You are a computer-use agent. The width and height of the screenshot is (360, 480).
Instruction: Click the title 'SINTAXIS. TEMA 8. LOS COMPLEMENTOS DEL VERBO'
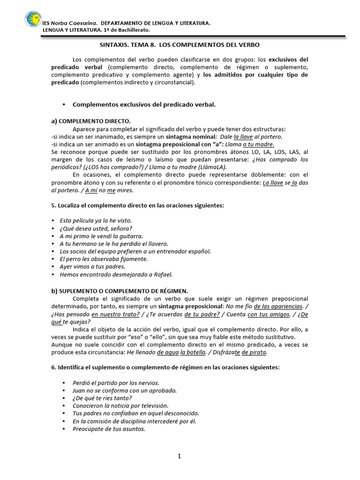pyautogui.click(x=180, y=45)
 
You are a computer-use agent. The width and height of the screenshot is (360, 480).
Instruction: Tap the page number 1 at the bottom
pyautogui.click(x=180, y=457)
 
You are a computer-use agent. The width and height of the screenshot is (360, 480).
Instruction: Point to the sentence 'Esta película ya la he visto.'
pyautogui.click(x=96, y=220)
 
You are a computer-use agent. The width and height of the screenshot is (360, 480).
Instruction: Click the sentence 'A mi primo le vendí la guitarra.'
pyautogui.click(x=101, y=236)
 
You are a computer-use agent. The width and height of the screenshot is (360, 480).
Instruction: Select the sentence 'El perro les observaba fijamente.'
pyautogui.click(x=104, y=259)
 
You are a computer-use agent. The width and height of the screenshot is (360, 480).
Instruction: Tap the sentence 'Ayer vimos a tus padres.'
pyautogui.click(x=92, y=267)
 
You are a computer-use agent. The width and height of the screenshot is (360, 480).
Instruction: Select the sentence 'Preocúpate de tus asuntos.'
pyautogui.click(x=109, y=428)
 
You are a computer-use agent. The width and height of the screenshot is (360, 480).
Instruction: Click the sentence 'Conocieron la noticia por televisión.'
pyautogui.click(x=120, y=405)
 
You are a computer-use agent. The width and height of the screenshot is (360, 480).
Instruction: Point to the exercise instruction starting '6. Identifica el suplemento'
pyautogui.click(x=165, y=367)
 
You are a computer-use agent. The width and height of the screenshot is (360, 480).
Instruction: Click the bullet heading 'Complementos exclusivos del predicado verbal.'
pyautogui.click(x=144, y=105)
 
